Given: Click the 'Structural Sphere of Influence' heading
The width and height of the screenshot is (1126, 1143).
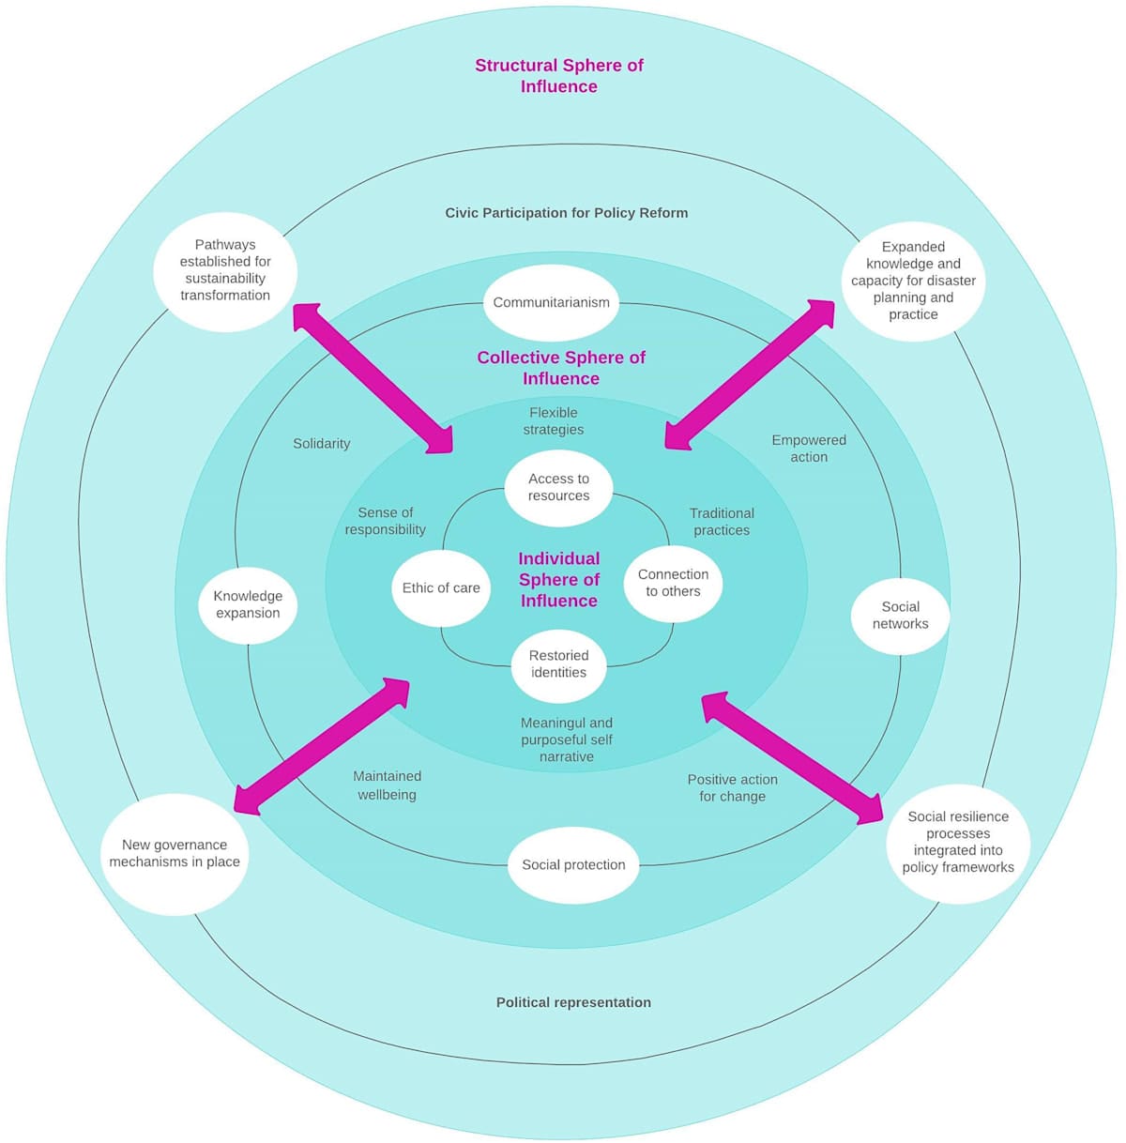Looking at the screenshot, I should pyautogui.click(x=559, y=76).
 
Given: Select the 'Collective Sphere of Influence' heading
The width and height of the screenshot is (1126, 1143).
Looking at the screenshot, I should pyautogui.click(x=561, y=368).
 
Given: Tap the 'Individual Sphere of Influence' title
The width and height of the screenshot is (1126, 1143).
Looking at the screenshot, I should pyautogui.click(x=559, y=580).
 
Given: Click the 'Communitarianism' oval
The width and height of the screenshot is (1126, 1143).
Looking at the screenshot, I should pyautogui.click(x=552, y=302).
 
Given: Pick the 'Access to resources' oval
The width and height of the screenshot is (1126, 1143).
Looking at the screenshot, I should pyautogui.click(x=558, y=487).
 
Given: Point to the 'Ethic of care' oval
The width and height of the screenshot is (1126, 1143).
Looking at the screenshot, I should pyautogui.click(x=441, y=588).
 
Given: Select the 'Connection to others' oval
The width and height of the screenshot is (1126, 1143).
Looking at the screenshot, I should pyautogui.click(x=673, y=583).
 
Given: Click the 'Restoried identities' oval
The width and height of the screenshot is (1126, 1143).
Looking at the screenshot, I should pyautogui.click(x=558, y=664).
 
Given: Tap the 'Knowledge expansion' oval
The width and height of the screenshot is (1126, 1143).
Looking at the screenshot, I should pyautogui.click(x=248, y=604).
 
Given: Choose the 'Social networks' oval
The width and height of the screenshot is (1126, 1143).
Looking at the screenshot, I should pyautogui.click(x=900, y=616).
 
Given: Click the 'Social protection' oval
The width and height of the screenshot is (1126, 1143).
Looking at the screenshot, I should pyautogui.click(x=573, y=864).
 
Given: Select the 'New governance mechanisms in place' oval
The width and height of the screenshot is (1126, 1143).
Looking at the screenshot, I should pyautogui.click(x=175, y=854).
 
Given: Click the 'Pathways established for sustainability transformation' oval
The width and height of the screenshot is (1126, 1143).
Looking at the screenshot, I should pyautogui.click(x=225, y=270).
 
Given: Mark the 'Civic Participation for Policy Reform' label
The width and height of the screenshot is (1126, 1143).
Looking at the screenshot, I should pyautogui.click(x=567, y=213).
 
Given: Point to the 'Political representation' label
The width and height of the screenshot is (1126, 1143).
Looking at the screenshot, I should pyautogui.click(x=573, y=1002).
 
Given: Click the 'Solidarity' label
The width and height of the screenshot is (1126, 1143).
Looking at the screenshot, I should pyautogui.click(x=321, y=444).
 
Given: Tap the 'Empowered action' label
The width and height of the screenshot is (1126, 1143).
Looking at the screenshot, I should pyautogui.click(x=809, y=449).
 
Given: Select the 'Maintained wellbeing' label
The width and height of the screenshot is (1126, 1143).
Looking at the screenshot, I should pyautogui.click(x=387, y=785).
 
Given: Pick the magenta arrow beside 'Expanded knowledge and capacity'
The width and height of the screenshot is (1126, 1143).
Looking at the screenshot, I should pyautogui.click(x=750, y=375).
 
